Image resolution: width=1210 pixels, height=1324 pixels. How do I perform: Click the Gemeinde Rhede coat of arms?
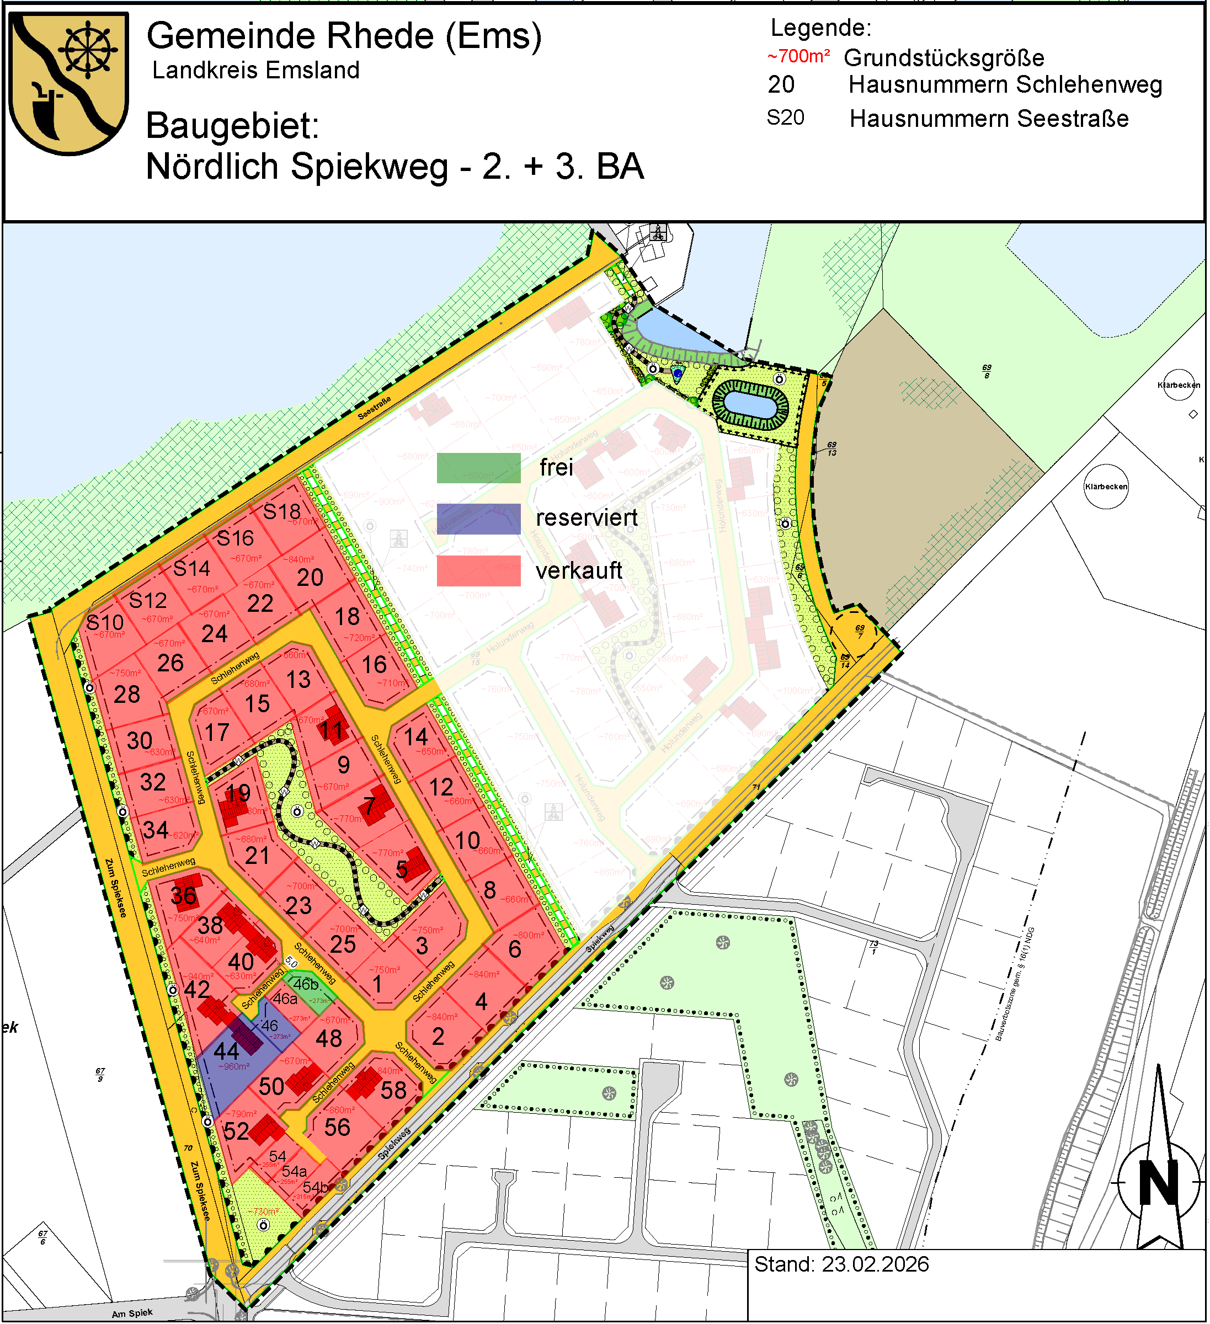pos(68,83)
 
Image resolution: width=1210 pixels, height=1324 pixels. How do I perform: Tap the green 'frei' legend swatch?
pos(479,468)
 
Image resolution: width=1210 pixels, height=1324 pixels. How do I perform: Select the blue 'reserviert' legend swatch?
pos(479,519)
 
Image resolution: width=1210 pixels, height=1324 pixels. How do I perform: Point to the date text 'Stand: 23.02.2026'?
pos(842,1265)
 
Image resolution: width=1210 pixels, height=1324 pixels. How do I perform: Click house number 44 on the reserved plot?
pos(227,1051)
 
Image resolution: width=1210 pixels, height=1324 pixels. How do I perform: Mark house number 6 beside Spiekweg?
pos(515,949)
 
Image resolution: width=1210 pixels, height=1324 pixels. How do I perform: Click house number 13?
pos(298,680)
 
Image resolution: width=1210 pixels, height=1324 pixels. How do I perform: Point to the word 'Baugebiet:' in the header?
pos(232,125)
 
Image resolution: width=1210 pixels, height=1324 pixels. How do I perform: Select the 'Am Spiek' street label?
pos(132,1313)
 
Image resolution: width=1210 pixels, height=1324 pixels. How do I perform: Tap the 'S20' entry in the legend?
pos(786,118)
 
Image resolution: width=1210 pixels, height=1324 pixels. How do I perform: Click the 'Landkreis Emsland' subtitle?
pos(256,70)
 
